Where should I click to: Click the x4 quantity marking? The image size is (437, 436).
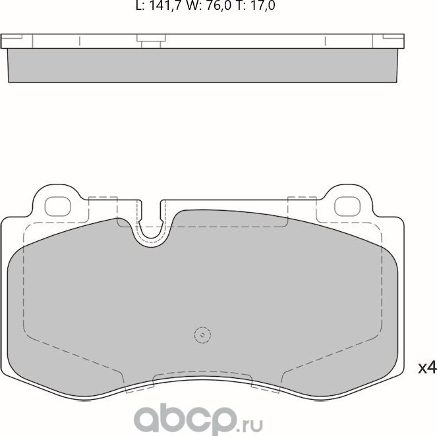(428, 367)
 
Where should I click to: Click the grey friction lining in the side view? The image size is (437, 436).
(204, 65)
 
